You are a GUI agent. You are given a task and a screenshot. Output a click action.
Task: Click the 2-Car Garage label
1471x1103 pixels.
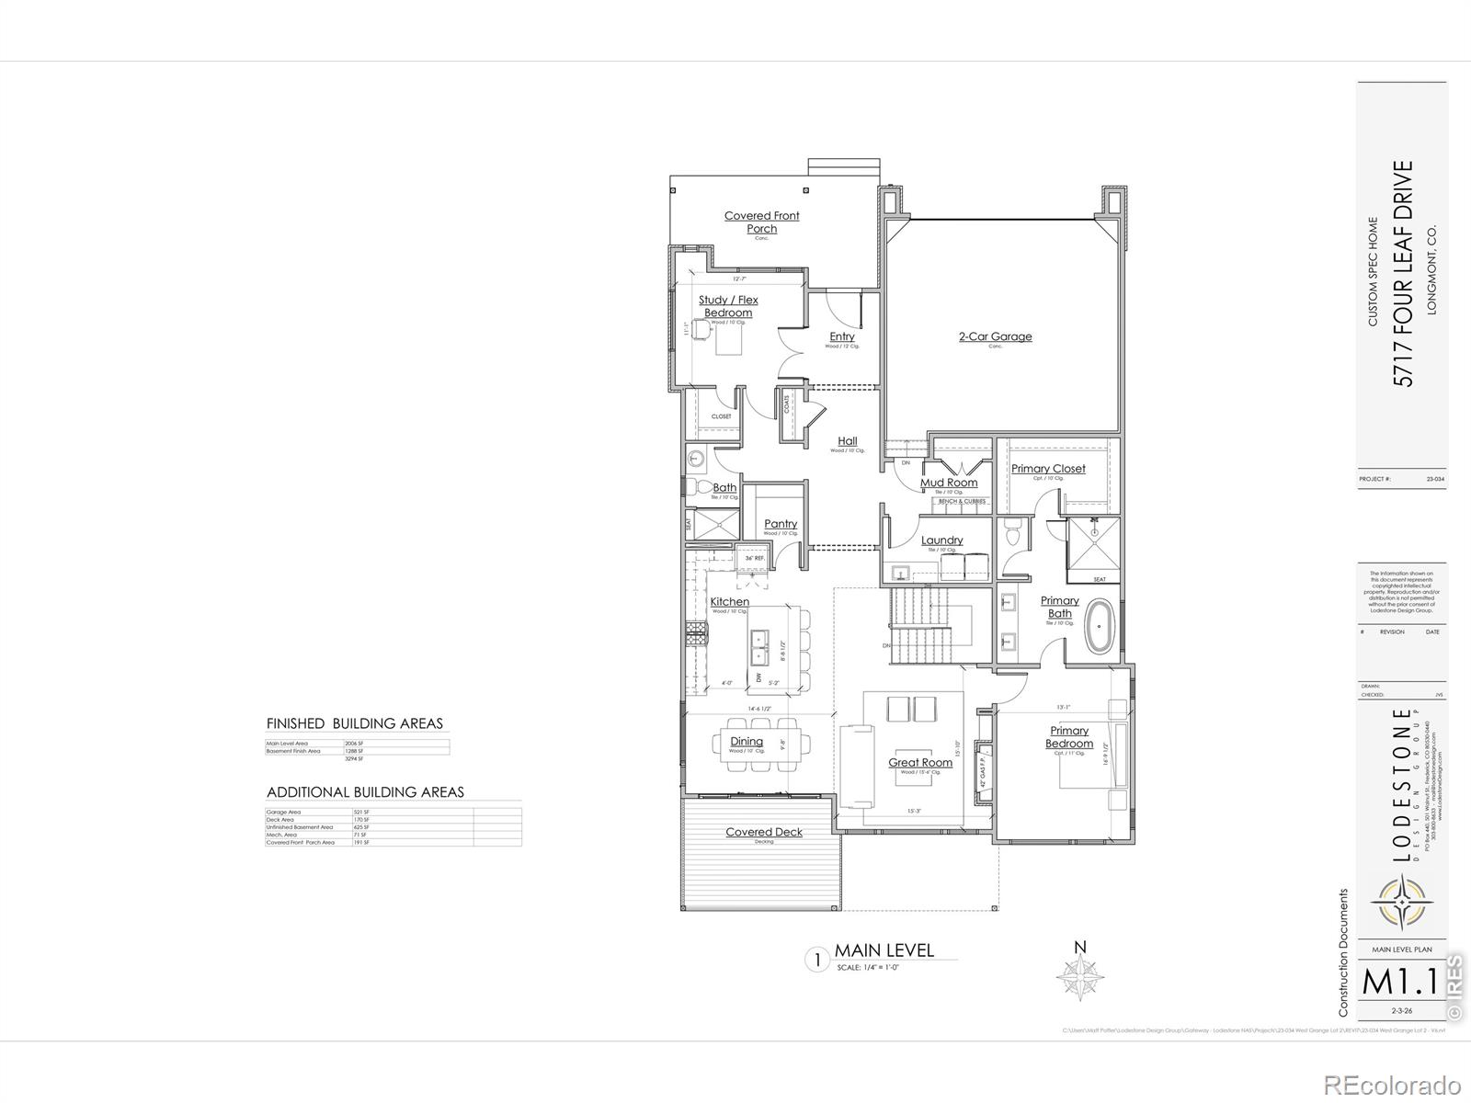tap(995, 336)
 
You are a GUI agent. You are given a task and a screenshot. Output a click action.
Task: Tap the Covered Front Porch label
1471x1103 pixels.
tap(761, 222)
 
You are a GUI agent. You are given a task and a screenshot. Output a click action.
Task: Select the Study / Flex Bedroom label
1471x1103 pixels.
tap(728, 306)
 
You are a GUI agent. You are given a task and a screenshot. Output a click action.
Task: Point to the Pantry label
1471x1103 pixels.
tap(781, 524)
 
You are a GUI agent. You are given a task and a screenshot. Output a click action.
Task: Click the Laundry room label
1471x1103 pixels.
tap(941, 540)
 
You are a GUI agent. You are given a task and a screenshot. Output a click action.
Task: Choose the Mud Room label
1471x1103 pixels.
tap(949, 483)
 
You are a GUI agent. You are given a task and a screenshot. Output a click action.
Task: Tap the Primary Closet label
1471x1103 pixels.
tap(1048, 469)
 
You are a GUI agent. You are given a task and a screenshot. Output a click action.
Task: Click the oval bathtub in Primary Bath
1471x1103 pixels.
tap(1099, 627)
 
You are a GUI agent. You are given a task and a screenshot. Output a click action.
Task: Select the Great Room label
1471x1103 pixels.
tap(919, 763)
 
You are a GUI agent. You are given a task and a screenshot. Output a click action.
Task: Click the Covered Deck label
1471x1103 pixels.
tap(763, 832)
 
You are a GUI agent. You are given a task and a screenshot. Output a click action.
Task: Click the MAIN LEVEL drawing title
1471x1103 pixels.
tap(884, 950)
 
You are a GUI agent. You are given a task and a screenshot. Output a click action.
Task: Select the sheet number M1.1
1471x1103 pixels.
tap(1399, 982)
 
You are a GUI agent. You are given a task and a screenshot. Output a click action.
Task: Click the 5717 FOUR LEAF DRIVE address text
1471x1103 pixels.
tap(1403, 273)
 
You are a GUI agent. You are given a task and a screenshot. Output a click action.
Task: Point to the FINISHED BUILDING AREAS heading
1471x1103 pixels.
tap(354, 723)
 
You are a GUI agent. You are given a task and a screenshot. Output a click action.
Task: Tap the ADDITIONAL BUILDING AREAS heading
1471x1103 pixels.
tap(365, 792)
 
